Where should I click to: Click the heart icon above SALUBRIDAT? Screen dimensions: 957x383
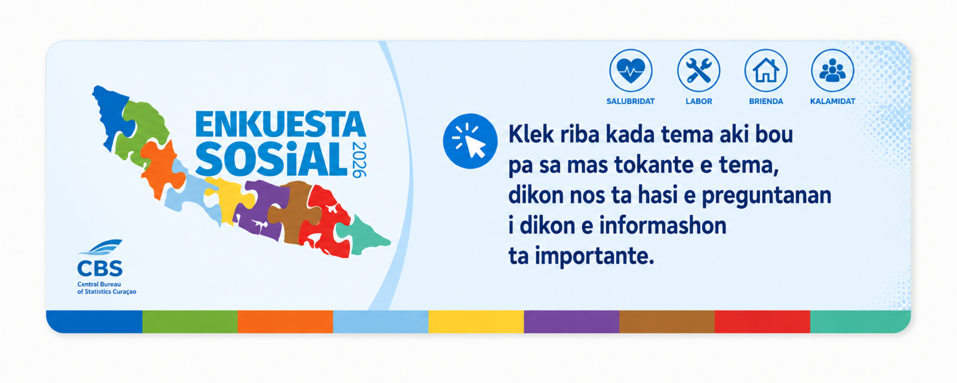point(631,70)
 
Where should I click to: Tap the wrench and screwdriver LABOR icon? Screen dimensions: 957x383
point(699,70)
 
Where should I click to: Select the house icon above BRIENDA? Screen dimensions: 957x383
point(766,70)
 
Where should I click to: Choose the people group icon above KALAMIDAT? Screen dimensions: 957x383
point(833,70)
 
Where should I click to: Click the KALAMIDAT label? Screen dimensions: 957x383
point(833,101)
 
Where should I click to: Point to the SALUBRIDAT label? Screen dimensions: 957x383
point(630,101)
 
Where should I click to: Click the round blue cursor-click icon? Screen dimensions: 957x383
point(470,141)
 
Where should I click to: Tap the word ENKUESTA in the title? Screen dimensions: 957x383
point(280,124)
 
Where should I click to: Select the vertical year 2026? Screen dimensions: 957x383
point(359,160)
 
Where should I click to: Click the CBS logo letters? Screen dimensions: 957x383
point(100,268)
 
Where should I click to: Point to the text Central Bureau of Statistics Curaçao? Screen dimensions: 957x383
point(107,288)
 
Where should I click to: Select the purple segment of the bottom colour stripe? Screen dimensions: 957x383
point(572,322)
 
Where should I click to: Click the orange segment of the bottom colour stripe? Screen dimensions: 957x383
point(285,322)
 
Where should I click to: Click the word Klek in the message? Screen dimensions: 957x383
point(531,134)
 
